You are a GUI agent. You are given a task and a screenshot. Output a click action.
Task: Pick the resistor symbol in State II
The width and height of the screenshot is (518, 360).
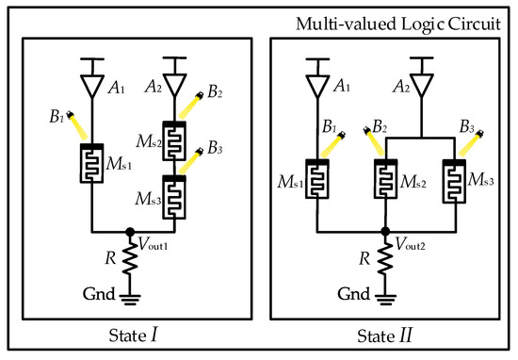(x=384, y=255)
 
